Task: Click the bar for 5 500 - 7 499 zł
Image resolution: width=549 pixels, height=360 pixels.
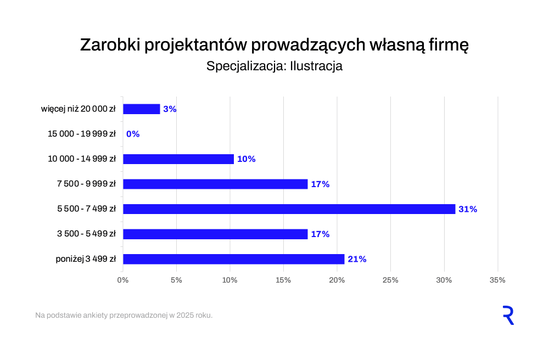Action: [289, 209]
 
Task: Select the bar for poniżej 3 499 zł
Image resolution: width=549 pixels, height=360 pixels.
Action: [233, 259]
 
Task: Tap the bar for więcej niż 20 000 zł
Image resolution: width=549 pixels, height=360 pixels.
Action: [142, 109]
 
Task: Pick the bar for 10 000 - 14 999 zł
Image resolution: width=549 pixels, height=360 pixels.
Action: [178, 159]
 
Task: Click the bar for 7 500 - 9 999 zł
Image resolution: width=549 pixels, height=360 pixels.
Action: [215, 184]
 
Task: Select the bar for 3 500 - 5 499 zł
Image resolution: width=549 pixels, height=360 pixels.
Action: [215, 234]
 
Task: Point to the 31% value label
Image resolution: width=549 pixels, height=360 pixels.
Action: [468, 209]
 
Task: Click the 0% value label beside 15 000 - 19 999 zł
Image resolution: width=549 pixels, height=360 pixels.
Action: [133, 134]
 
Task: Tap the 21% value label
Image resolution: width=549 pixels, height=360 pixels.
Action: [357, 259]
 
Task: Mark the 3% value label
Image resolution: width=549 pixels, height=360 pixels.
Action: [170, 109]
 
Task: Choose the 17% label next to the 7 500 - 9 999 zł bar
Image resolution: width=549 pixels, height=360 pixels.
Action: [320, 184]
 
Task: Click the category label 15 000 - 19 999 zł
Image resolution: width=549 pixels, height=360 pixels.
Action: [82, 134]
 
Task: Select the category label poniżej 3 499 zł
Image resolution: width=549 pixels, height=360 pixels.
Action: [86, 259]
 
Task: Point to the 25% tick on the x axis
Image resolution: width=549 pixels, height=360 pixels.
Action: [390, 280]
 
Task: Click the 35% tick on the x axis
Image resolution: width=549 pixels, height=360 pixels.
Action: [497, 280]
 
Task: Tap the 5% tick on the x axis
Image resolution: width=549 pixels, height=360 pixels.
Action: [176, 280]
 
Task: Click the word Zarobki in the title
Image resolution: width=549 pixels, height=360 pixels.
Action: [111, 45]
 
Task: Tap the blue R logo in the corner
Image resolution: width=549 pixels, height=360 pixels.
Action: [508, 316]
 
